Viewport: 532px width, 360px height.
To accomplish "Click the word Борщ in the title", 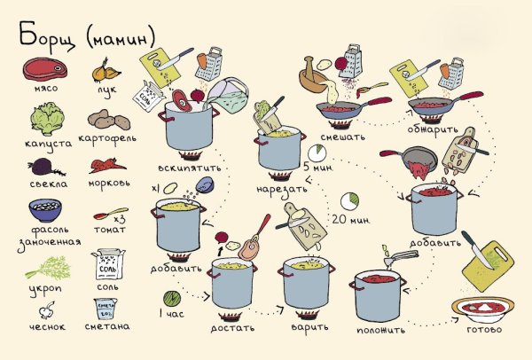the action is click(48, 36).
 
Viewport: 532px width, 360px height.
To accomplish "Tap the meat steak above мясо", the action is click(45, 69).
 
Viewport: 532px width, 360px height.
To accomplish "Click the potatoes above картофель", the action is click(109, 120).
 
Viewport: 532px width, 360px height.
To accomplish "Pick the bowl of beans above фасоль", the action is click(45, 210).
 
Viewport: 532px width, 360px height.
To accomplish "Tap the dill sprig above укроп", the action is click(48, 268).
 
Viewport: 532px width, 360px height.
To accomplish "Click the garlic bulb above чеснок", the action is click(46, 309).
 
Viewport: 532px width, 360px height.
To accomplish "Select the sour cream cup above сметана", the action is click(106, 309).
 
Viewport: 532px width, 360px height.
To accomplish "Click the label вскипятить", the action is click(190, 168).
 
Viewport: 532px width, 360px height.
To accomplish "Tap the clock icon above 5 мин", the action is click(317, 153).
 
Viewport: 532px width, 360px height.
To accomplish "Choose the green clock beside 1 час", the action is click(172, 299).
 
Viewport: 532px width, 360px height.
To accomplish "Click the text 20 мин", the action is click(351, 220).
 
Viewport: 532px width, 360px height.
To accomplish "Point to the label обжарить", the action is click(433, 129).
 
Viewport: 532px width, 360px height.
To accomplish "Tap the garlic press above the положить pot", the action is click(401, 258).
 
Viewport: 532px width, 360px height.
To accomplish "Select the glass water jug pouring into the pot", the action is click(227, 95).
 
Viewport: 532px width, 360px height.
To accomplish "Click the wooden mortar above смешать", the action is click(311, 76).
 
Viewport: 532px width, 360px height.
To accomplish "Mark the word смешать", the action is click(342, 137).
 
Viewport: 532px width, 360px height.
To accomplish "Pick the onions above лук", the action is click(106, 71).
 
